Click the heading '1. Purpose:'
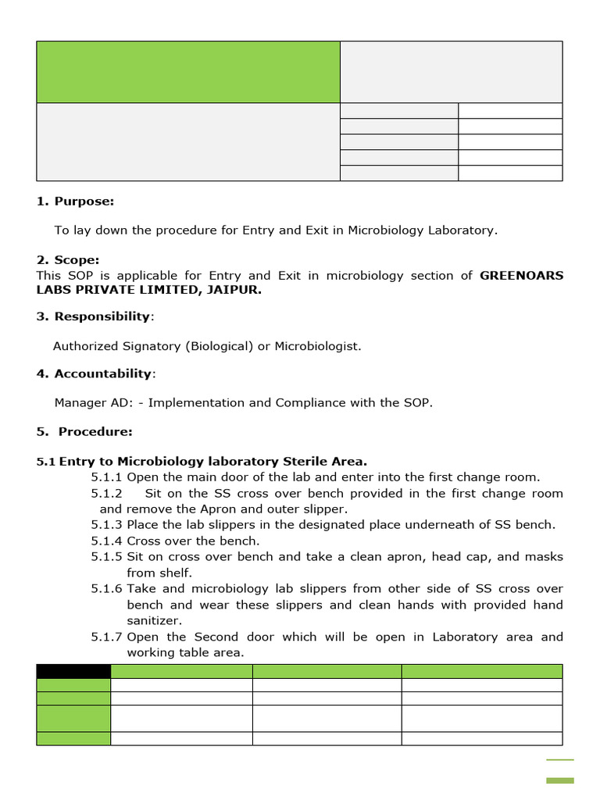pyautogui.click(x=75, y=202)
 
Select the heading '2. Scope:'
pyautogui.click(x=68, y=260)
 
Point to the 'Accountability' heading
pyautogui.click(x=104, y=374)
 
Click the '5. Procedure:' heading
pyautogui.click(x=84, y=432)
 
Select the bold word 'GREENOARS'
pyautogui.click(x=521, y=276)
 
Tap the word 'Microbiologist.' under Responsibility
pyautogui.click(x=318, y=346)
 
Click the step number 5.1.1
pyautogui.click(x=106, y=477)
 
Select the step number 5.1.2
pyautogui.click(x=106, y=494)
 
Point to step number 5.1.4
pyautogui.click(x=106, y=541)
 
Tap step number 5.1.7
pyautogui.click(x=106, y=637)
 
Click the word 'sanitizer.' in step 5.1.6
pyautogui.click(x=154, y=621)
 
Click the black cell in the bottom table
pyautogui.click(x=73, y=671)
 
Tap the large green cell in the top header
pyautogui.click(x=188, y=72)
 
